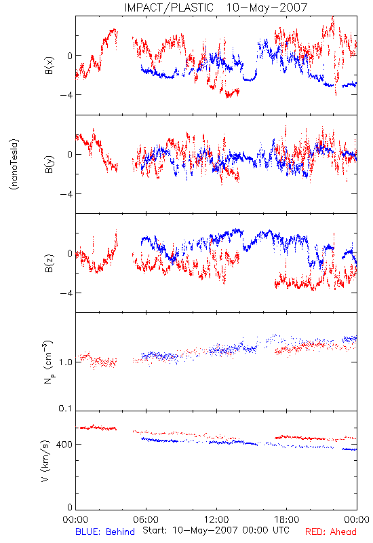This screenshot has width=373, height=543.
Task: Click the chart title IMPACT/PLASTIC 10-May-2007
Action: (216, 7)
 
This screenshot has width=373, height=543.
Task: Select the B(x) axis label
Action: (49, 65)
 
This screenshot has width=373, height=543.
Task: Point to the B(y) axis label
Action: (49, 164)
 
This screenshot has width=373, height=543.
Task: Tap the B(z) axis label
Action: (49, 263)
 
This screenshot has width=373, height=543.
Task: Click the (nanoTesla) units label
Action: (14, 164)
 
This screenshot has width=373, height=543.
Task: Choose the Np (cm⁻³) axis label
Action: (48, 362)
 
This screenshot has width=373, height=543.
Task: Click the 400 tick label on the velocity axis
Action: (64, 445)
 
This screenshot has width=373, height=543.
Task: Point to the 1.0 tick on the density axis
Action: (65, 362)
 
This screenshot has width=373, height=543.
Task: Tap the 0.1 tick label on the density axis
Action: (65, 409)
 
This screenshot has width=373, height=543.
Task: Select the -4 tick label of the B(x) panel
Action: (66, 95)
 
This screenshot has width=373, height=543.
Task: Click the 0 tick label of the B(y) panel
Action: (70, 155)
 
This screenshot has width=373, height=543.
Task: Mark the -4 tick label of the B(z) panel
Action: (66, 293)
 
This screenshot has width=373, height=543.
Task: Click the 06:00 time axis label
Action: (146, 519)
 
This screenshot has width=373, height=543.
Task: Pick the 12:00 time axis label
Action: (216, 519)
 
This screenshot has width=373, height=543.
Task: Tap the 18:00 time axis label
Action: (287, 519)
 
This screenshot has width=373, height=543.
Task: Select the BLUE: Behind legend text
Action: (105, 531)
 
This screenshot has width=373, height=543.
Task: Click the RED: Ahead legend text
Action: (330, 531)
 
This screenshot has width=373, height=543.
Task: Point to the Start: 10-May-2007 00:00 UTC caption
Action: (216, 530)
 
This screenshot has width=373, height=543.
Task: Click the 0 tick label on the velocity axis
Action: (70, 508)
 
